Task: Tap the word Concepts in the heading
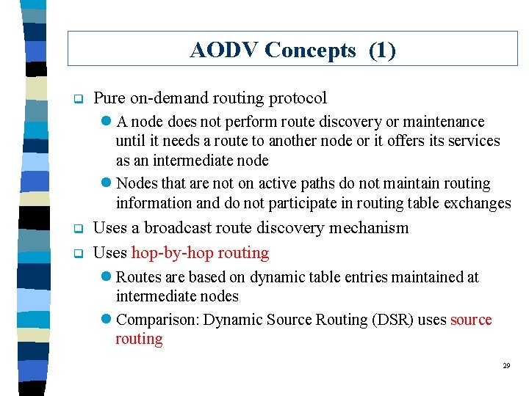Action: (310, 50)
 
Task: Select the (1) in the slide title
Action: (381, 50)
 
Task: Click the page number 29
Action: (506, 365)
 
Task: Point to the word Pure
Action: (109, 98)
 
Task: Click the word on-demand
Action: (168, 98)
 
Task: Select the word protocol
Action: (298, 98)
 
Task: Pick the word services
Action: (474, 141)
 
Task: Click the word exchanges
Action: (475, 203)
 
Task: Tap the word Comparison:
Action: (157, 320)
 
